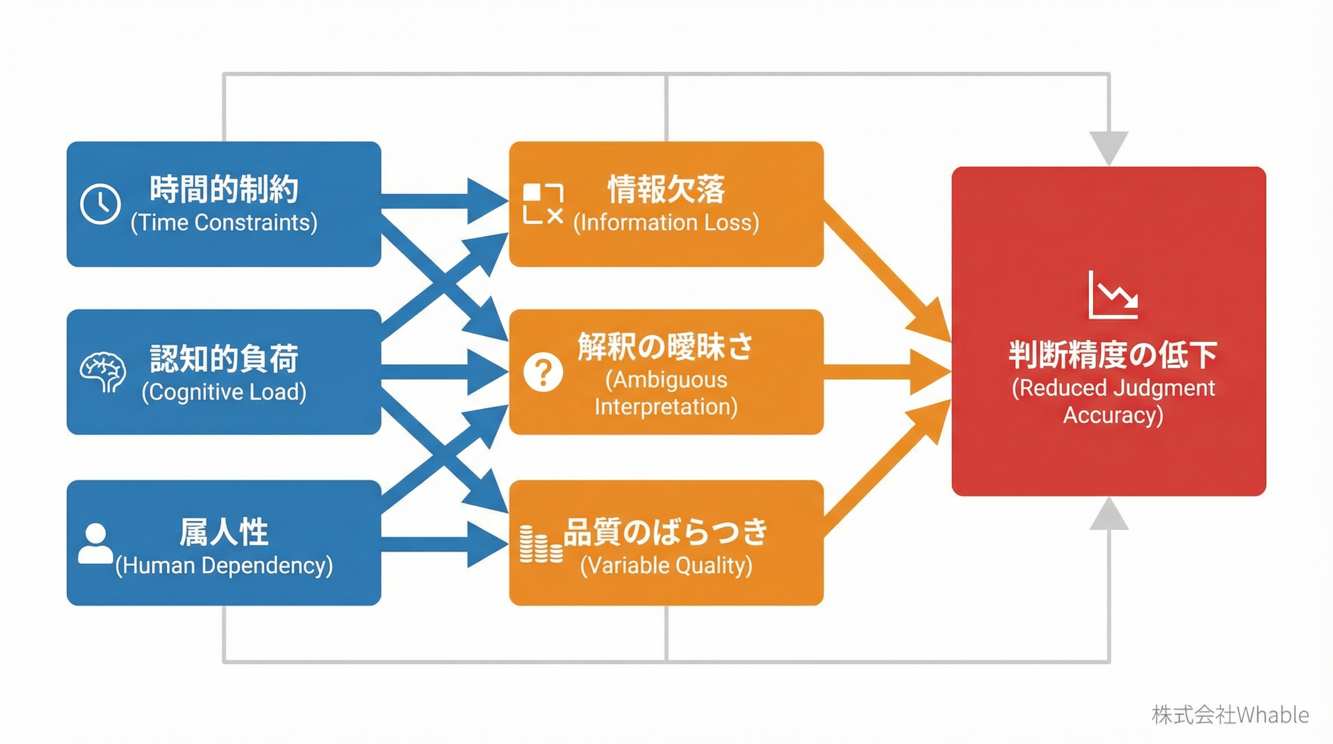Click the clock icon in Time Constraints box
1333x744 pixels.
(x=100, y=203)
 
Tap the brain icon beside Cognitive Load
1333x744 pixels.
(x=103, y=372)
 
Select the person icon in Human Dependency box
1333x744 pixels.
(x=95, y=543)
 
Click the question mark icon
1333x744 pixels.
(x=542, y=372)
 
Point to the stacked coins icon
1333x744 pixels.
(x=540, y=544)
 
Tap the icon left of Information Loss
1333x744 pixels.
(x=542, y=203)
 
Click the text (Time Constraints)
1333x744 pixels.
(x=224, y=223)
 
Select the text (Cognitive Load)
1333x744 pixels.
(x=224, y=392)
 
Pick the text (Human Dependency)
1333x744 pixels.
(x=224, y=565)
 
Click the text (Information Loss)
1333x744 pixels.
(x=666, y=223)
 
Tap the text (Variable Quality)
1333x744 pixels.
(x=666, y=565)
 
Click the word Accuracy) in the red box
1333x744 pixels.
(x=1113, y=416)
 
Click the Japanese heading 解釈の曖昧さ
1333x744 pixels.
(x=665, y=346)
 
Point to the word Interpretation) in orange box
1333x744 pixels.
(x=666, y=407)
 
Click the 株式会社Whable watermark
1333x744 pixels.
(x=1229, y=715)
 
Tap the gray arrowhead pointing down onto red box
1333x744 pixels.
(x=1108, y=147)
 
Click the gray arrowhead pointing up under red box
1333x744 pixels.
(x=1108, y=514)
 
